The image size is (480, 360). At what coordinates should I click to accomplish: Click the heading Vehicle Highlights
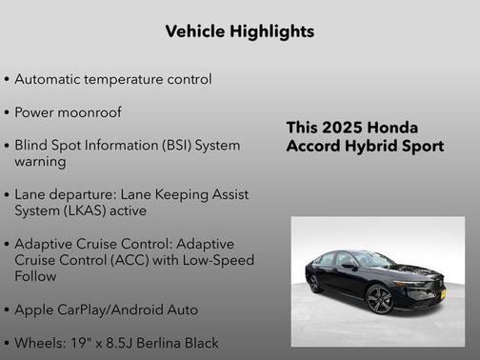pyautogui.click(x=239, y=31)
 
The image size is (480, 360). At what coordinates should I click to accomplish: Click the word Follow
pyautogui.click(x=35, y=276)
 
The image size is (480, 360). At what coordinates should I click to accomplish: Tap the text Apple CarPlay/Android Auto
pyautogui.click(x=106, y=310)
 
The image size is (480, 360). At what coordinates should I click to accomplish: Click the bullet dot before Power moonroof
pyautogui.click(x=8, y=112)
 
